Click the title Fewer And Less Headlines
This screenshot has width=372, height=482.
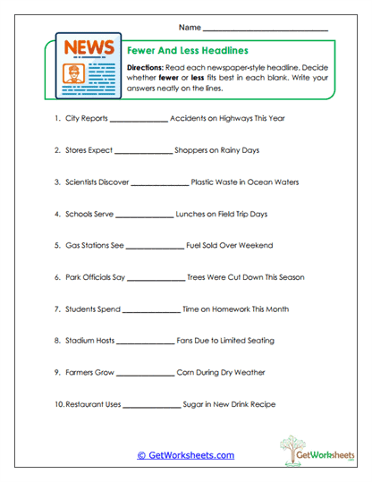click(x=188, y=51)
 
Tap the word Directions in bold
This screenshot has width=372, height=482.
click(x=146, y=68)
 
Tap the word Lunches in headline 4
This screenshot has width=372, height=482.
click(x=194, y=215)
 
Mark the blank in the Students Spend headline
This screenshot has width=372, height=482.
click(x=149, y=310)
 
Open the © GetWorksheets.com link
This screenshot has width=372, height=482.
click(x=185, y=455)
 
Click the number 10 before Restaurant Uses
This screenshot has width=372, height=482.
click(x=59, y=404)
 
